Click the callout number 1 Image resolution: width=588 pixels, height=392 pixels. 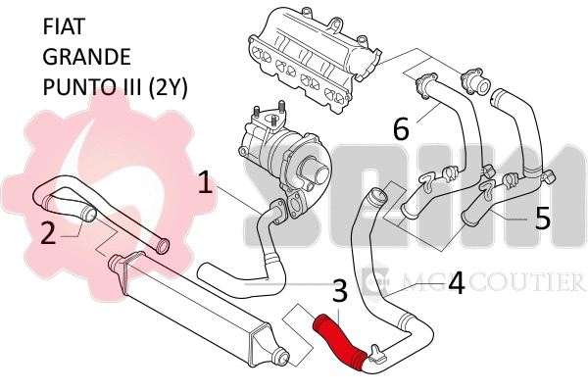205,181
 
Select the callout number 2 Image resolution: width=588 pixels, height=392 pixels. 46,232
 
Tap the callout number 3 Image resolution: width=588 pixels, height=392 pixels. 339,290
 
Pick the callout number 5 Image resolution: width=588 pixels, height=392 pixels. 542,217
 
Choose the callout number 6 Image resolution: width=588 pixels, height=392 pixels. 401,126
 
